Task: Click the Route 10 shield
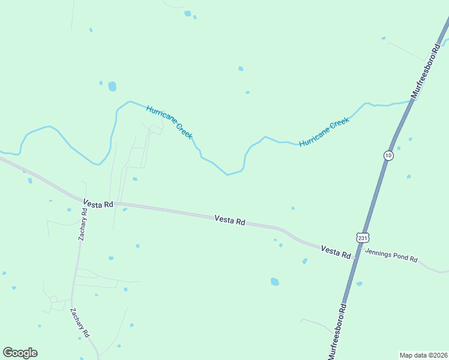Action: (389, 155)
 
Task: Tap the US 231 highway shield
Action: (362, 238)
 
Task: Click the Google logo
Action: (20, 353)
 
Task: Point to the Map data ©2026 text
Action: (423, 355)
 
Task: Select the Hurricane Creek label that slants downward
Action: (169, 122)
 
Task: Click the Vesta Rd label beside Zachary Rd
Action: (98, 204)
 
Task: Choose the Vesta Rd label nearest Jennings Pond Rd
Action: (336, 252)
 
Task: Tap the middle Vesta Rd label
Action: (230, 221)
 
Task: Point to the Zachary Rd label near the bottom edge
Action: (80, 322)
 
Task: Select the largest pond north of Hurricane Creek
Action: (112, 86)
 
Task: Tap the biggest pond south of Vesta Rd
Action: (275, 281)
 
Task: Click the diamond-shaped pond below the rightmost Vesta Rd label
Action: (305, 261)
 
